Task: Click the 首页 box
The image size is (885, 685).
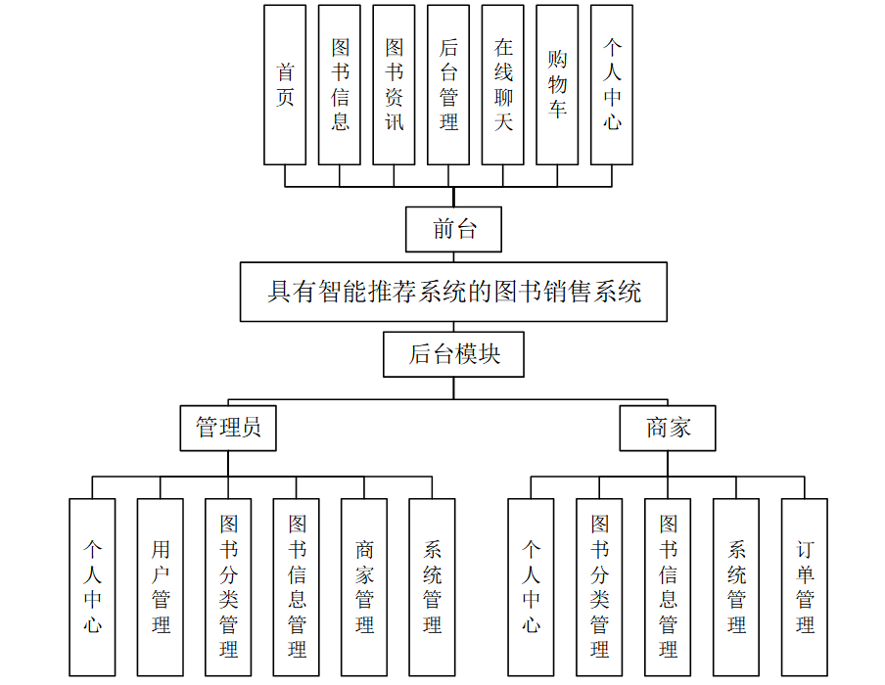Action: [285, 84]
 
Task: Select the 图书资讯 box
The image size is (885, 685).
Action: [395, 84]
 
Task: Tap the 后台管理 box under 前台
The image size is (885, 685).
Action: [449, 84]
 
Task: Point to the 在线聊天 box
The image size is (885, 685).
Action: [503, 84]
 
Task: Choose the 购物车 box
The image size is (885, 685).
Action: [558, 84]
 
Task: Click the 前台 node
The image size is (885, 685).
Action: [454, 230]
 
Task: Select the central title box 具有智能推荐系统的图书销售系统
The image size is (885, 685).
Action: [453, 292]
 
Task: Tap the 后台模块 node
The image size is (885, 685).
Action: [453, 354]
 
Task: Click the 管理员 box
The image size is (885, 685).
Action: [228, 428]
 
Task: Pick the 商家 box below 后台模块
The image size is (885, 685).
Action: [668, 428]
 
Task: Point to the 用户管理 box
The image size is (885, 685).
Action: [161, 587]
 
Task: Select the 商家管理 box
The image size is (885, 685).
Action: [364, 587]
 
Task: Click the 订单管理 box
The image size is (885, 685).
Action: [805, 587]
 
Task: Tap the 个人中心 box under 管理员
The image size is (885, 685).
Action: [92, 587]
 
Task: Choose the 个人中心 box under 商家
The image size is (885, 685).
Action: [531, 587]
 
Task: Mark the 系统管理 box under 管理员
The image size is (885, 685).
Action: [432, 587]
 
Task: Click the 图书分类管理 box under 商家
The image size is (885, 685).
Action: [599, 587]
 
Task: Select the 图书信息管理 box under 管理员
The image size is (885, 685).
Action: [297, 587]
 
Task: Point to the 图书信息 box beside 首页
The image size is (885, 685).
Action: [340, 84]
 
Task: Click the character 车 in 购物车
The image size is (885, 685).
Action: [558, 109]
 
